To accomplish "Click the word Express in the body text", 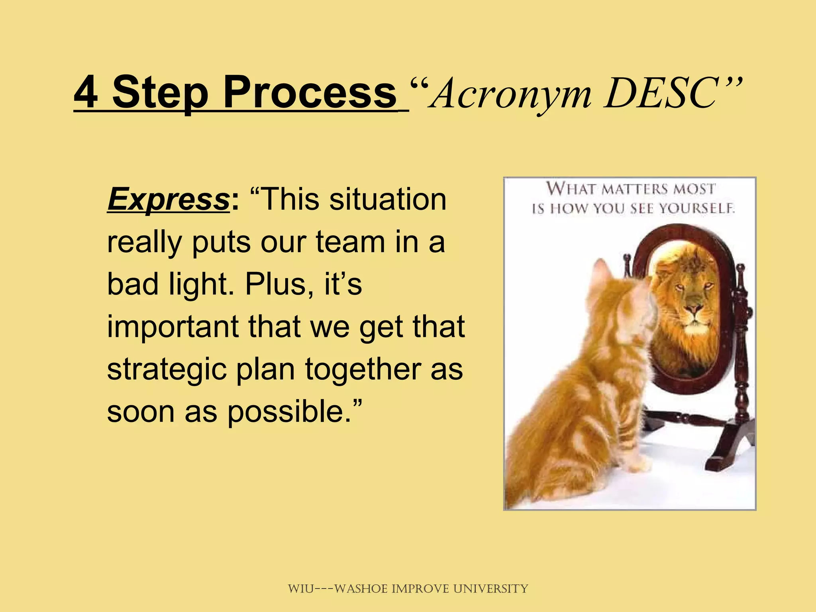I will pyautogui.click(x=168, y=199).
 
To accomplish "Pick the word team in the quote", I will pyautogui.click(x=350, y=242).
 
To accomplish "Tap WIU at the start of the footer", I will pyautogui.click(x=301, y=588).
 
